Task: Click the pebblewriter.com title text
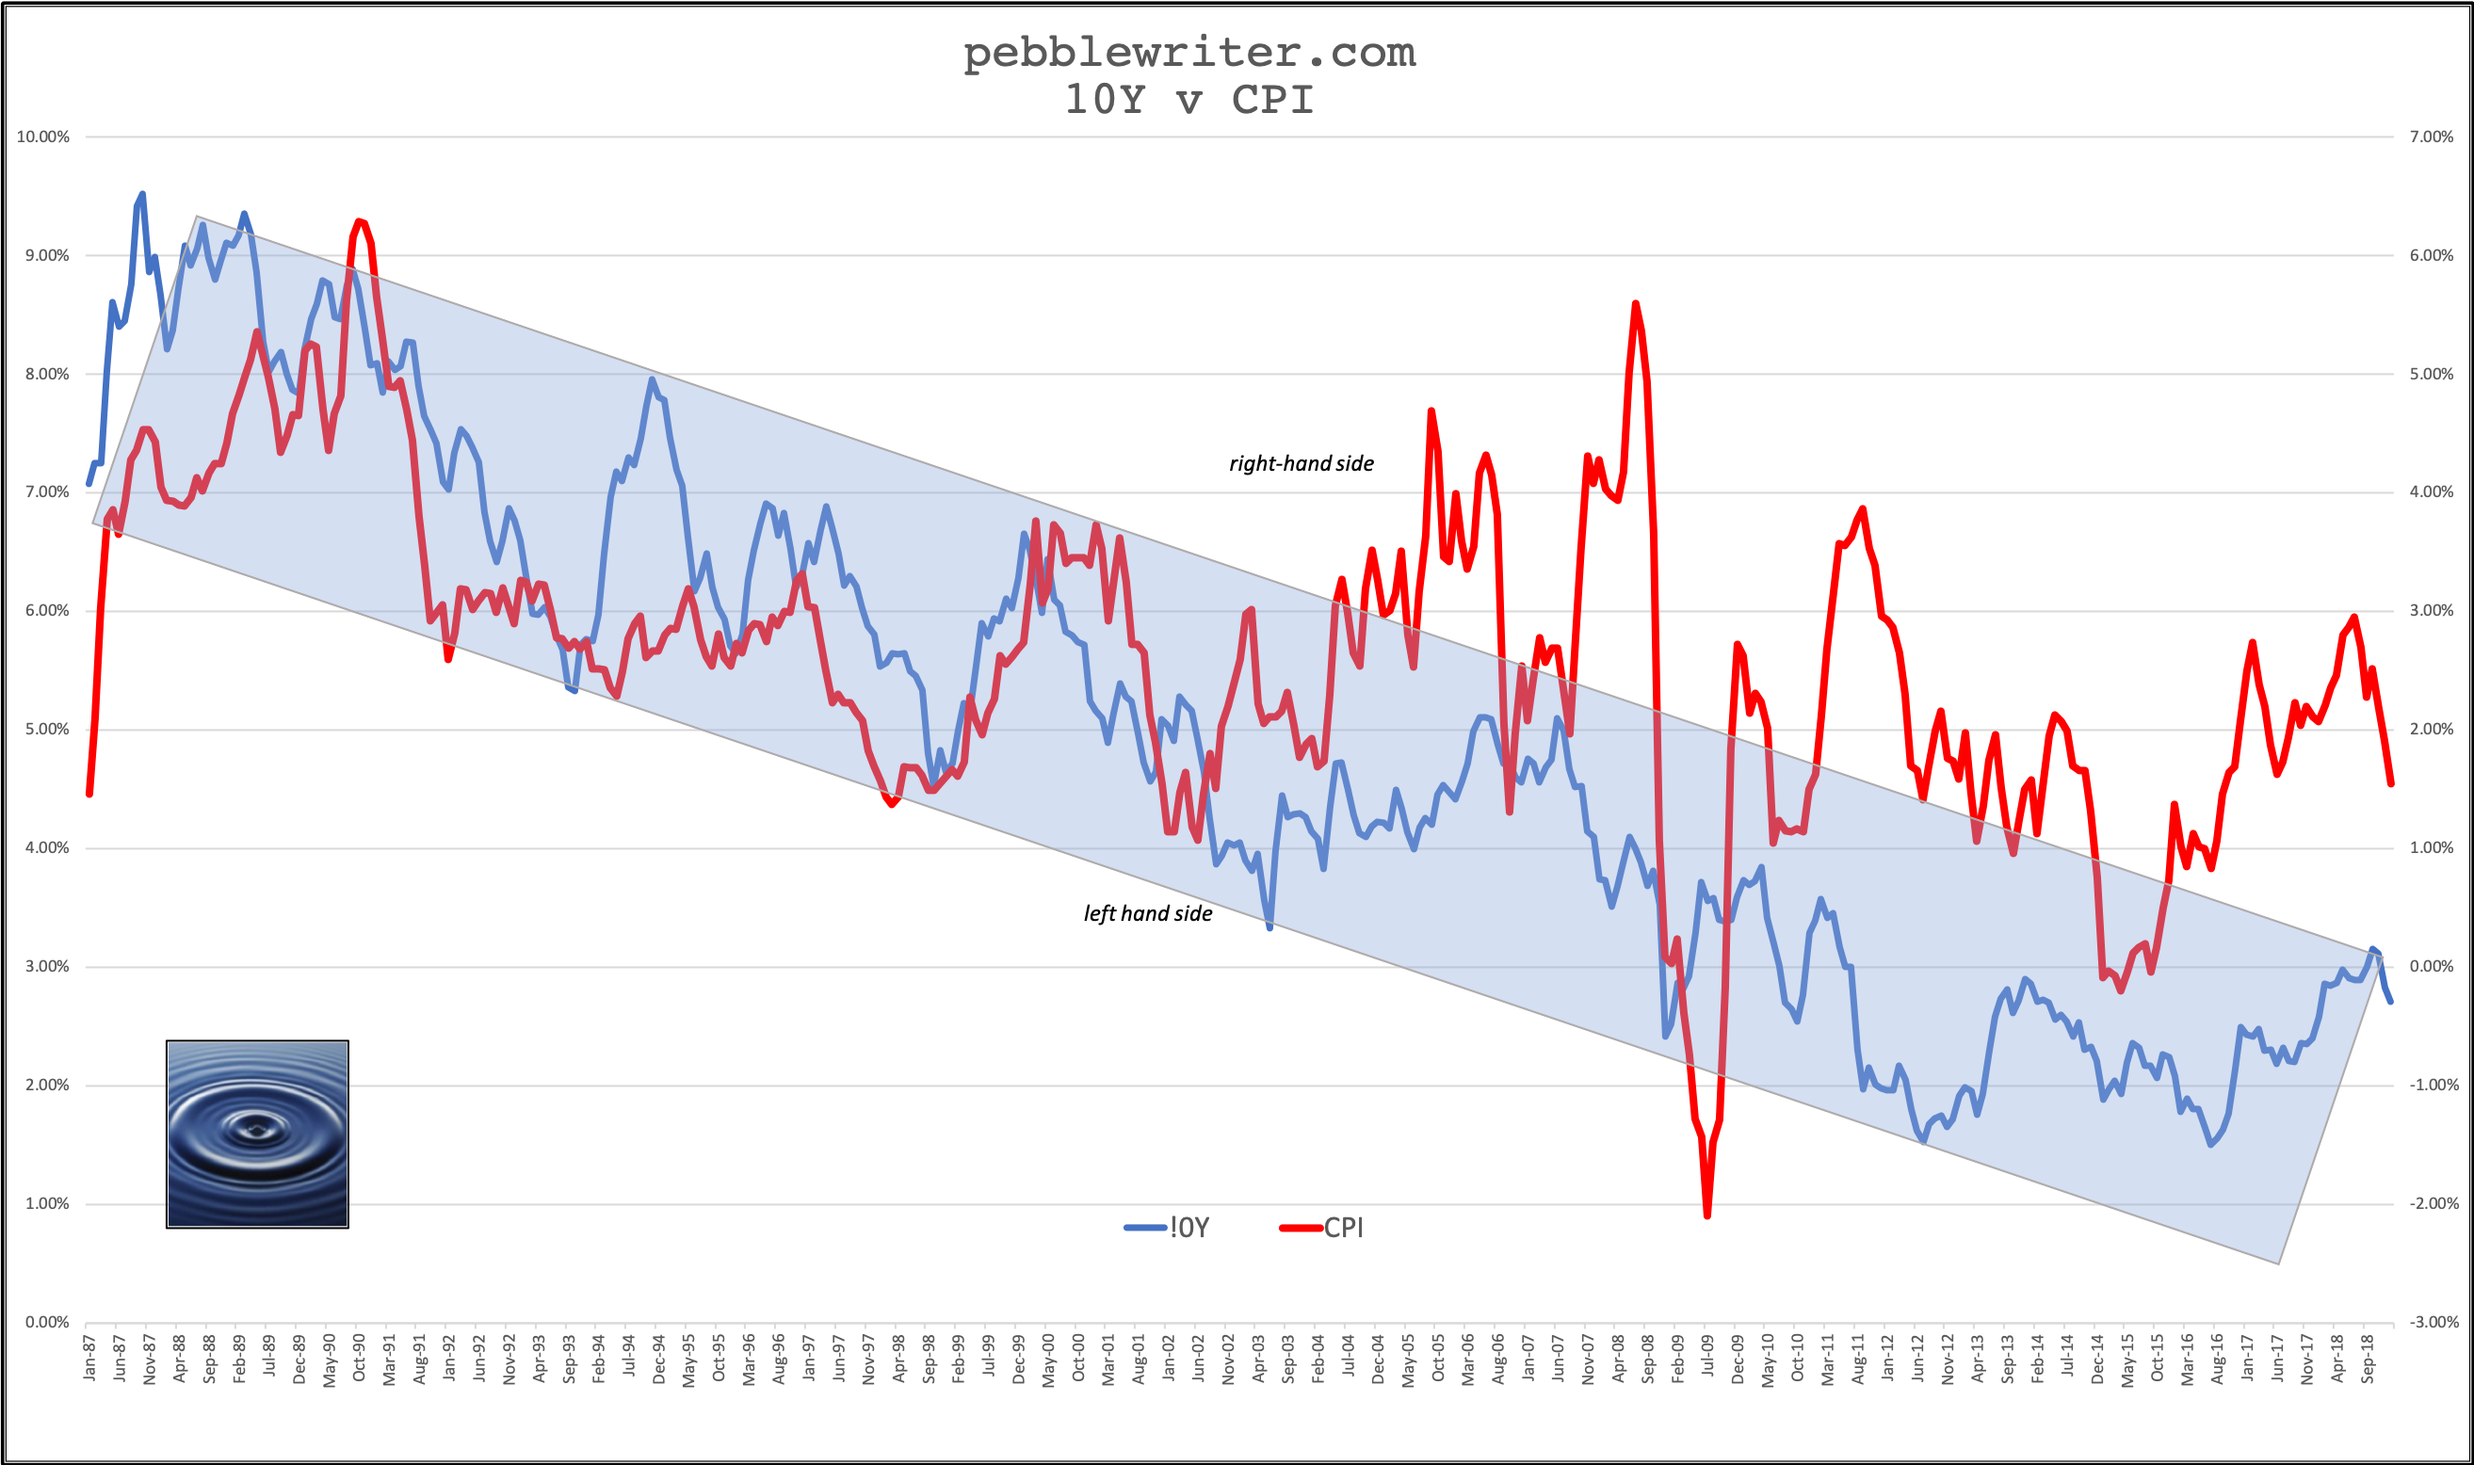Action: [x=1188, y=54]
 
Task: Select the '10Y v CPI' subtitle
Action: [x=1188, y=100]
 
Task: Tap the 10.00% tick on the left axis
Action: [x=43, y=137]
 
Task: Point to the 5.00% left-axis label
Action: [x=46, y=730]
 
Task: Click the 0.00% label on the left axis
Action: [x=46, y=1322]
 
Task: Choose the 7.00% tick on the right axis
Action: [x=2432, y=137]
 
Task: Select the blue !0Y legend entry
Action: [x=1167, y=1228]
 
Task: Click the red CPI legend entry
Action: [x=1322, y=1228]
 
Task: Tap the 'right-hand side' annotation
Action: [x=1302, y=464]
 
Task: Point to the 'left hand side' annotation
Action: [x=1148, y=913]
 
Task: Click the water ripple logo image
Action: [x=258, y=1135]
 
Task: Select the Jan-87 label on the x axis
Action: [x=89, y=1358]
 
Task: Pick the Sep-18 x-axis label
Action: [x=2368, y=1359]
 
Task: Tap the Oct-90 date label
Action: [x=359, y=1358]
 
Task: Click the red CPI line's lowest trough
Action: [x=1706, y=1215]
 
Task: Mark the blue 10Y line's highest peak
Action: [x=143, y=194]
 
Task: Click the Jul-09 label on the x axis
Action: [x=1706, y=1358]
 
